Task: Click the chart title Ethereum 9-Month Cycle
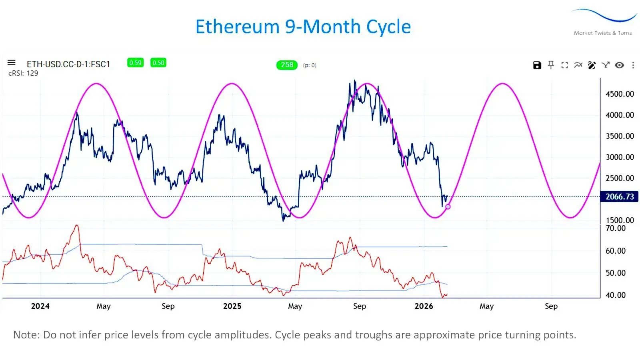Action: [303, 27]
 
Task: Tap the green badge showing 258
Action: [287, 65]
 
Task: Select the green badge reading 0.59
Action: [135, 63]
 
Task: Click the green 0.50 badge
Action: [158, 63]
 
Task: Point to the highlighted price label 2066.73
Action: [619, 196]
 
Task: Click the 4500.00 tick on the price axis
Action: [620, 94]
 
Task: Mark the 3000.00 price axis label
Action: [620, 157]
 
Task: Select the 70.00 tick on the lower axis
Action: [615, 228]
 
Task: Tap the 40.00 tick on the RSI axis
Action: [615, 295]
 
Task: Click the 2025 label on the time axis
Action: [232, 306]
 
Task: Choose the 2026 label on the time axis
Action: [424, 306]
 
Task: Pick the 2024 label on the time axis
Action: [40, 306]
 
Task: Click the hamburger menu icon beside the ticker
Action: [12, 63]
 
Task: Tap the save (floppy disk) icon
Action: [537, 65]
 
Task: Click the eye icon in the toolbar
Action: [619, 65]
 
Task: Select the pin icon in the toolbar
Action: [551, 65]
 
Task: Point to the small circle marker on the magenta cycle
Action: [448, 207]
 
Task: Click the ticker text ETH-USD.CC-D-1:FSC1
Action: [68, 64]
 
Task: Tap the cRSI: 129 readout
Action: [23, 73]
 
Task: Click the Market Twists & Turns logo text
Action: [603, 33]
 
